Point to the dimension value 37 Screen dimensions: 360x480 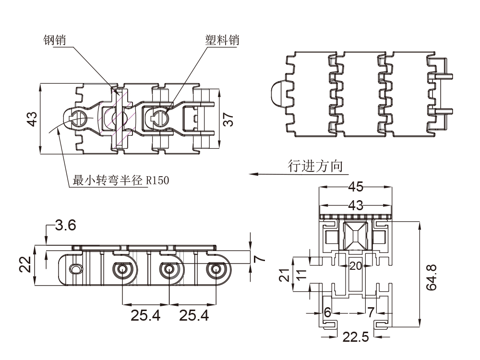pos(229,119)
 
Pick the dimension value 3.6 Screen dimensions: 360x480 pos(65,225)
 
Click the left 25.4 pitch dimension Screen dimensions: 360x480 pos(146,315)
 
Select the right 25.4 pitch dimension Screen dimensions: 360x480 pos(194,315)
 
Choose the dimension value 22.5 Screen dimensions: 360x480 pos(356,337)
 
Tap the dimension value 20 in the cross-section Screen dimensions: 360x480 pos(356,266)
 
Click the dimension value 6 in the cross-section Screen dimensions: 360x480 pos(327,312)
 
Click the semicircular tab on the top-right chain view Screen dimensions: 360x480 pos(277,93)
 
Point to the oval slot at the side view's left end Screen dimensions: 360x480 pos(76,269)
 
